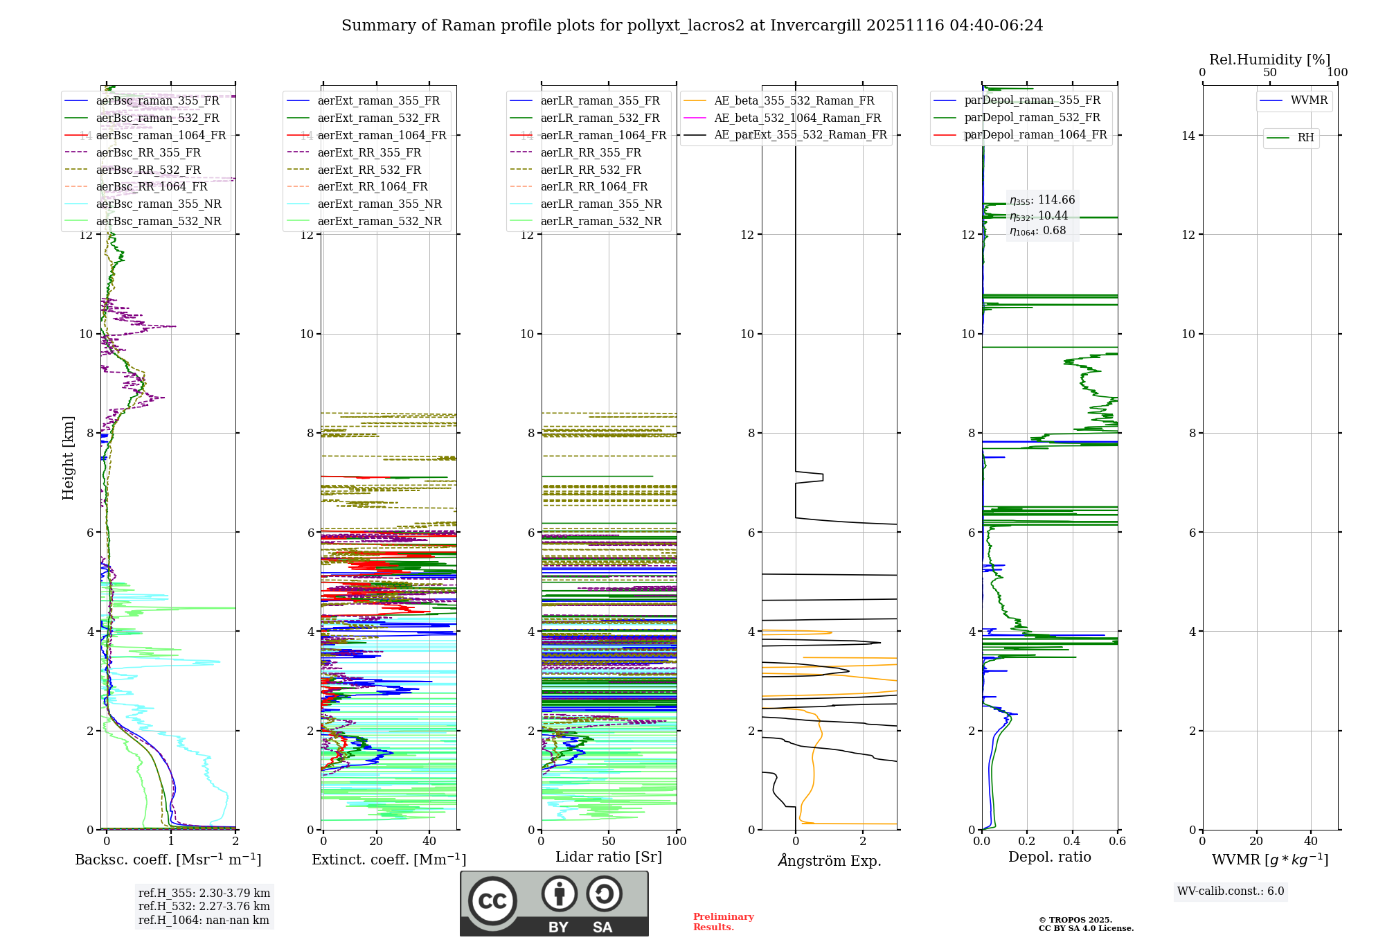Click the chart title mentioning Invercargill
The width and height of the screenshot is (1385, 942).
pyautogui.click(x=692, y=26)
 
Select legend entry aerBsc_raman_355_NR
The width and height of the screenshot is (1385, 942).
pyautogui.click(x=159, y=204)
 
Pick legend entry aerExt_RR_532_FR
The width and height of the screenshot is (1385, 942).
pyautogui.click(x=369, y=170)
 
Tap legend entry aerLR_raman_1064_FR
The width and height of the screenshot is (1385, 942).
pyautogui.click(x=603, y=135)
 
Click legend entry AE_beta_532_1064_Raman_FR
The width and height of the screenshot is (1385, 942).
pyautogui.click(x=797, y=118)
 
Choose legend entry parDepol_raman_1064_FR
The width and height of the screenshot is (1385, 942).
pyautogui.click(x=1035, y=134)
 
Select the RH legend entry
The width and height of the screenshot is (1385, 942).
pyautogui.click(x=1305, y=138)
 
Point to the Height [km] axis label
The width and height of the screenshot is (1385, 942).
pyautogui.click(x=68, y=457)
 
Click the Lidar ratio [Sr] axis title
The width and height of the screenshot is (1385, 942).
pyautogui.click(x=609, y=857)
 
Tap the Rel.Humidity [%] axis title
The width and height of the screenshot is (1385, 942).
pyautogui.click(x=1269, y=60)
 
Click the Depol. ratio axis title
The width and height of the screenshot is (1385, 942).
pyautogui.click(x=1049, y=857)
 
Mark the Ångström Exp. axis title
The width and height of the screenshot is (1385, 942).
pyautogui.click(x=829, y=860)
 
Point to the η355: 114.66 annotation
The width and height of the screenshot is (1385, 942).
pyautogui.click(x=1042, y=200)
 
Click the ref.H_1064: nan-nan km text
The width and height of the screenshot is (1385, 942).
pyautogui.click(x=204, y=920)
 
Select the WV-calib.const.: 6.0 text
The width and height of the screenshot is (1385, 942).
pyautogui.click(x=1231, y=891)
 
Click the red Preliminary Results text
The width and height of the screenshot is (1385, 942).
pyautogui.click(x=723, y=921)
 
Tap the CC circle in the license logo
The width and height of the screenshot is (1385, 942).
pyautogui.click(x=492, y=901)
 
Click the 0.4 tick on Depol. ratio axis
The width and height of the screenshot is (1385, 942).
pyautogui.click(x=1072, y=842)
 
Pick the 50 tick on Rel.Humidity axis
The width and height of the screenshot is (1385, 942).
pyautogui.click(x=1269, y=73)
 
